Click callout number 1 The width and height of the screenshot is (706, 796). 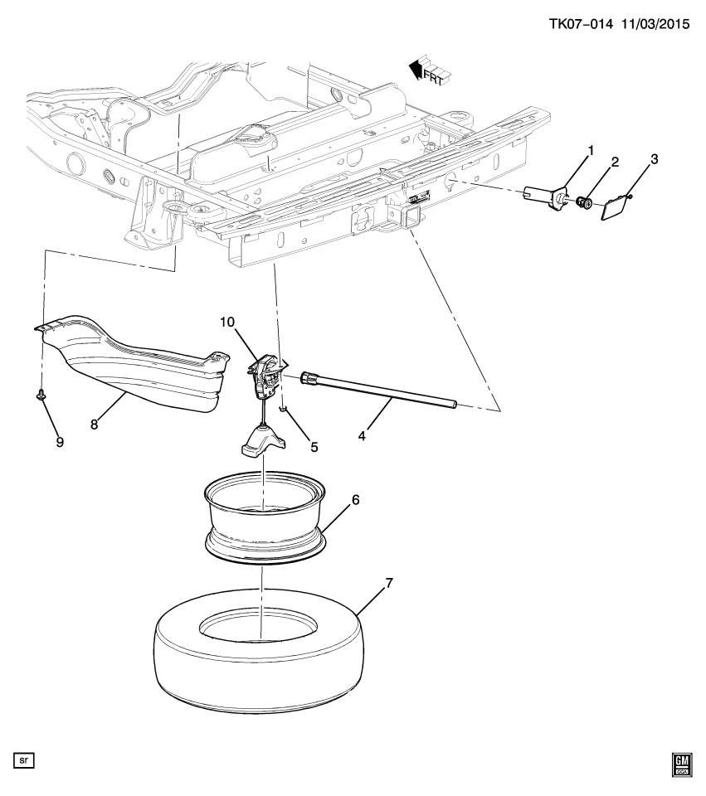click(x=592, y=150)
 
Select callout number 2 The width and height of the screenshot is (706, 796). click(x=615, y=163)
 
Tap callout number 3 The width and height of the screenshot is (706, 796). click(x=654, y=158)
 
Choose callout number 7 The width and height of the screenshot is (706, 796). click(x=389, y=583)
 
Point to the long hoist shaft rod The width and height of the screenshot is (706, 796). click(x=382, y=390)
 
